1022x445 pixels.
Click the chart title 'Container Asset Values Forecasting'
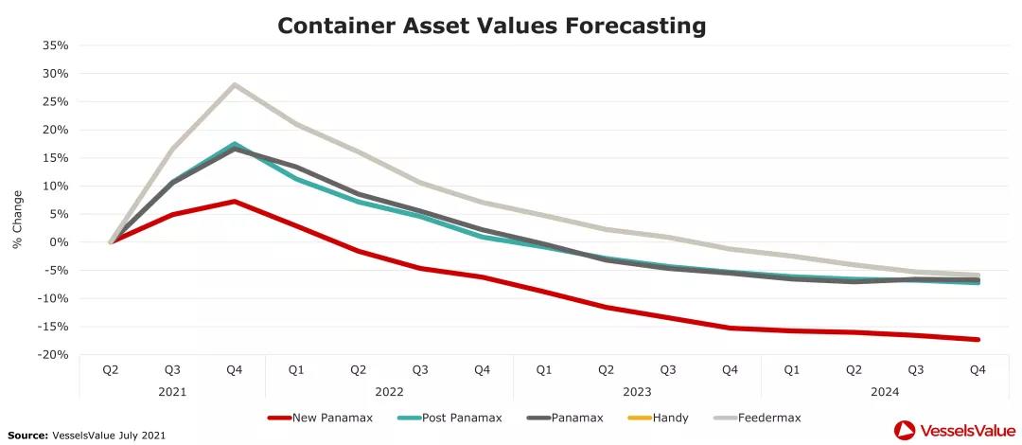[x=491, y=26]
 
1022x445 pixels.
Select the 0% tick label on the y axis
[x=59, y=242]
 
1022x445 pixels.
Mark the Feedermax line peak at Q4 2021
[x=234, y=84]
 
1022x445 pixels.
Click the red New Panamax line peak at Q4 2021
[x=234, y=202]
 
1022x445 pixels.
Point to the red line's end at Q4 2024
[x=978, y=339]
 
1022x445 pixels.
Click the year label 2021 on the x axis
[x=173, y=391]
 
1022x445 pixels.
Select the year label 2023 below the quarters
[x=637, y=391]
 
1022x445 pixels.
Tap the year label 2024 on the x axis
[x=885, y=391]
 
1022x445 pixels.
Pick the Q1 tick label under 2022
[x=296, y=370]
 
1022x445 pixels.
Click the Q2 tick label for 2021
[x=111, y=370]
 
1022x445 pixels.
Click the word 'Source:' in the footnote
[x=28, y=435]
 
